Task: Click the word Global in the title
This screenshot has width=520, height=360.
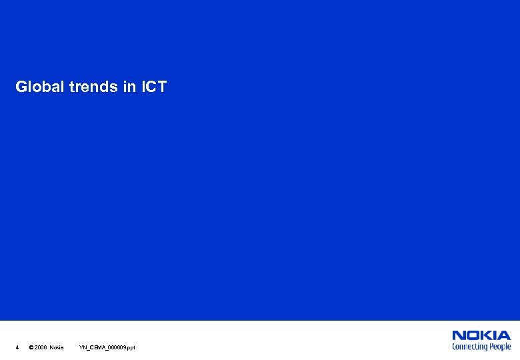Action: [39, 87]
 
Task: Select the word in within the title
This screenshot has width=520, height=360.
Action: [129, 87]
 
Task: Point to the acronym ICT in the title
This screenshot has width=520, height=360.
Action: [154, 87]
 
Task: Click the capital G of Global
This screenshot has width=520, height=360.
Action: [21, 87]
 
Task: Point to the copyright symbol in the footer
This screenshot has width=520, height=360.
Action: [31, 347]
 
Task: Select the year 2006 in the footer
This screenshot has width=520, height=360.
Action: [41, 347]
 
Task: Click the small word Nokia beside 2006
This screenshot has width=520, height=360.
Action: [57, 347]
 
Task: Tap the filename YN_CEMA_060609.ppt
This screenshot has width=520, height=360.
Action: [107, 347]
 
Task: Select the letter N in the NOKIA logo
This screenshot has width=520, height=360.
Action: [459, 336]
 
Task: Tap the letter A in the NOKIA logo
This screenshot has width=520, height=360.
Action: [505, 336]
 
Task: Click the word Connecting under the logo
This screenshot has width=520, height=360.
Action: [470, 347]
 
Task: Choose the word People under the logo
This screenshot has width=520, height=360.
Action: [500, 347]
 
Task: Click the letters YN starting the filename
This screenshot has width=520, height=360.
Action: [83, 347]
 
